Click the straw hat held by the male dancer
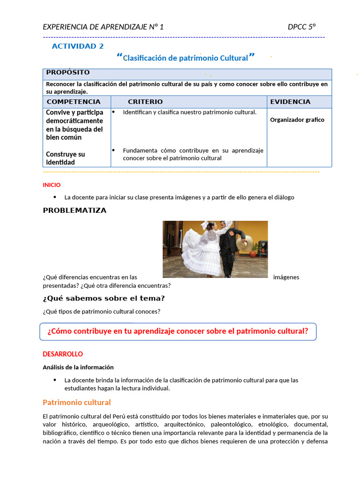(x=242, y=244)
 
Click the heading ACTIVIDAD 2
(x=78, y=46)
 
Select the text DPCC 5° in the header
(x=301, y=27)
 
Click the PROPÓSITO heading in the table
(x=67, y=72)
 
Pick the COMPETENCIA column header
(x=73, y=102)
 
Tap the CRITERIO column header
(x=145, y=102)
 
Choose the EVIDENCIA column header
(x=290, y=102)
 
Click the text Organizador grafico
(x=297, y=120)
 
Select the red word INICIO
(x=52, y=185)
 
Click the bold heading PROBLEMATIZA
(x=75, y=210)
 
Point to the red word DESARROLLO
(x=63, y=354)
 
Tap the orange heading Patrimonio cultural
(x=76, y=402)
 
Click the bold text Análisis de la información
(x=78, y=367)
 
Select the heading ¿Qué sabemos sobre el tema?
(x=104, y=298)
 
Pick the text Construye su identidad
(x=65, y=158)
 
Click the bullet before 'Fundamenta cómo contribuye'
(x=113, y=150)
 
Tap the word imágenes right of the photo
(x=286, y=277)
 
